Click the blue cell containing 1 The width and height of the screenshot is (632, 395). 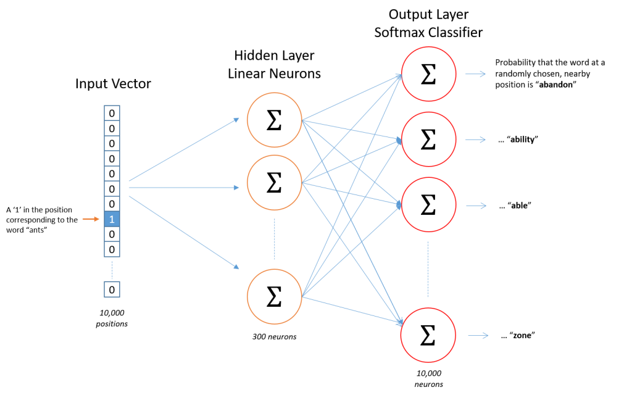pos(112,219)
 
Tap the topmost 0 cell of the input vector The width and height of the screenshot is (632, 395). pos(112,114)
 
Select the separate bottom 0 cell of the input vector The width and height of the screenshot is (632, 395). pos(112,289)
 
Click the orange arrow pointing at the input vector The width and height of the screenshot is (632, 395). pos(91,219)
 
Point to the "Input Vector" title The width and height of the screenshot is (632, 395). pos(112,84)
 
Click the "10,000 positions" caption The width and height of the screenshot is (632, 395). pos(112,318)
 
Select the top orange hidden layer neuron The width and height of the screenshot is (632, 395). pos(273,120)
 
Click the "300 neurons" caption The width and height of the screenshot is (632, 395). pos(275,336)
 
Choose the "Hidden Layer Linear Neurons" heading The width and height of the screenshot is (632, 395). pos(274,65)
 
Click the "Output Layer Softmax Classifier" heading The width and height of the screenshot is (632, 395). pos(428,23)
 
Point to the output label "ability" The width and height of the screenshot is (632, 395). pos(518,139)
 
